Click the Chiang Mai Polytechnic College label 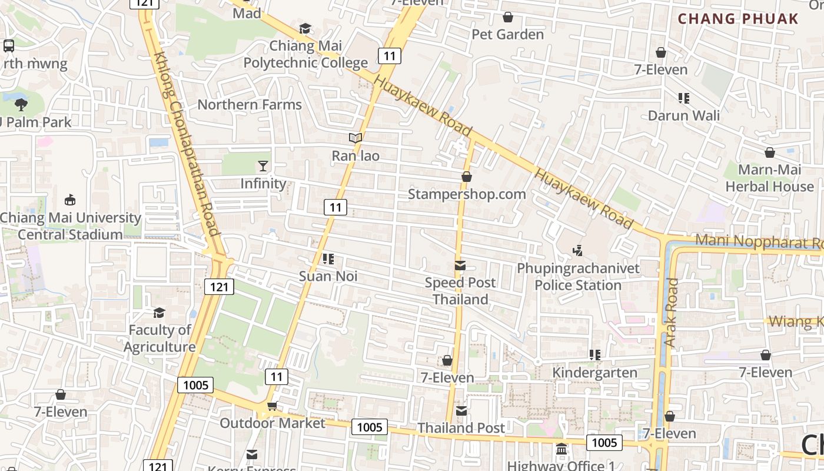305,54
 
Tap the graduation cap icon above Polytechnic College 305,28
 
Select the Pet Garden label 507,34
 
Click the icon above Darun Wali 683,98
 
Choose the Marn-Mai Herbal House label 769,178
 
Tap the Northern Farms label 250,105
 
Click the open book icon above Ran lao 355,138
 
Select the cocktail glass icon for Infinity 263,166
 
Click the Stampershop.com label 467,194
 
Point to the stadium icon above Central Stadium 70,200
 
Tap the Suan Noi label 328,276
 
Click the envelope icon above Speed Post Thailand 460,266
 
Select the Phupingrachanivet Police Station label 578,277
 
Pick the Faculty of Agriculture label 160,338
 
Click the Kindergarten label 594,373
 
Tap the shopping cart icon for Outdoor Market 272,406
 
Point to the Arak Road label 670,312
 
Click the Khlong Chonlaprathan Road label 187,144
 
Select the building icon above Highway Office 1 561,449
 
